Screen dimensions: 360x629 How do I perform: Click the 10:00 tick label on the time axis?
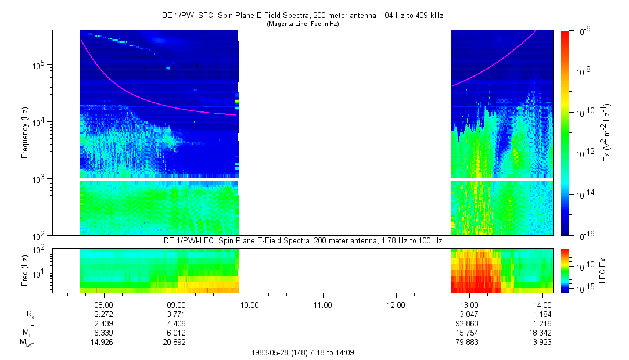tap(250, 304)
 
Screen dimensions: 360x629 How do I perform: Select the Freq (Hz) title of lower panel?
tap(25, 270)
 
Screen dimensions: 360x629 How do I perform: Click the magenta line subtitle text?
tap(302, 24)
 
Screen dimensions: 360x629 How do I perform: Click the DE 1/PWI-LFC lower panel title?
tap(302, 240)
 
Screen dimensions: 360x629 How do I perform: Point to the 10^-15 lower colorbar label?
tap(583, 289)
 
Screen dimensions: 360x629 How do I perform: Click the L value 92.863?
tap(469, 323)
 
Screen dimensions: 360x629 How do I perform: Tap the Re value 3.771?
tap(176, 314)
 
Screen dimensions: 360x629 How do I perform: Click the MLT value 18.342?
tap(542, 333)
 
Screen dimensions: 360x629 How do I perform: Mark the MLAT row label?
tap(27, 343)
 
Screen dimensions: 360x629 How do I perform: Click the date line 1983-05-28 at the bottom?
tap(302, 352)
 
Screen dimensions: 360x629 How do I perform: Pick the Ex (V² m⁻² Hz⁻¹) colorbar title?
tap(609, 132)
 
